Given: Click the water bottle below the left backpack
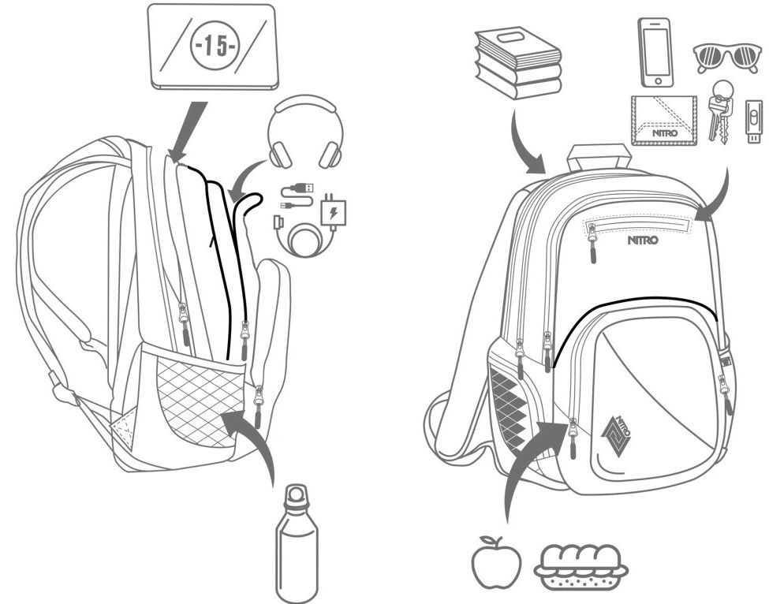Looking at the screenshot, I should (296, 544).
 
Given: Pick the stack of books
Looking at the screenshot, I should (517, 62).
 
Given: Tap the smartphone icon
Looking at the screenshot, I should (654, 50).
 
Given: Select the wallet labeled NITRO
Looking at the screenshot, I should (664, 120).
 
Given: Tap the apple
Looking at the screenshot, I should (496, 561).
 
